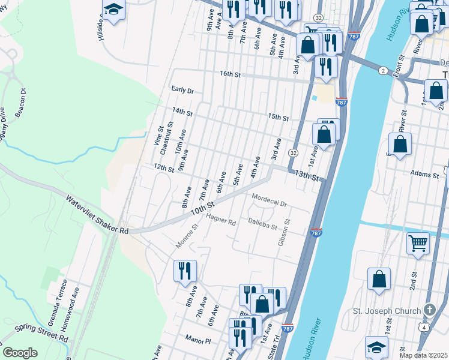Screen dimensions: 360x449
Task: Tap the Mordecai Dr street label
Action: pyautogui.click(x=270, y=200)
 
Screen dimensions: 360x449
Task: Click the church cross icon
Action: pyautogui.click(x=429, y=310)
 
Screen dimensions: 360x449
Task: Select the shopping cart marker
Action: pyautogui.click(x=418, y=243)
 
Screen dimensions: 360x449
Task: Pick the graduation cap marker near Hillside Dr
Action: pyautogui.click(x=113, y=10)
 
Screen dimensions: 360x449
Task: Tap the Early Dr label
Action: pyautogui.click(x=182, y=90)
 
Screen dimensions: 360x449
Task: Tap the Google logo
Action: pyautogui.click(x=20, y=353)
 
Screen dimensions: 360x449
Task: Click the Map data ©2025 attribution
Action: pyautogui.click(x=423, y=355)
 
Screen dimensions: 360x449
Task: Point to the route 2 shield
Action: pyautogui.click(x=382, y=71)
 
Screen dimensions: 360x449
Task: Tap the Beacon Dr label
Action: pyautogui.click(x=20, y=104)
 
